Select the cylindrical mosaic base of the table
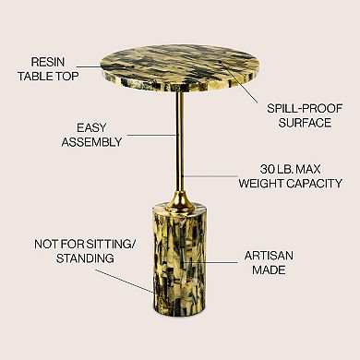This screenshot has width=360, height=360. coord(179,258)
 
